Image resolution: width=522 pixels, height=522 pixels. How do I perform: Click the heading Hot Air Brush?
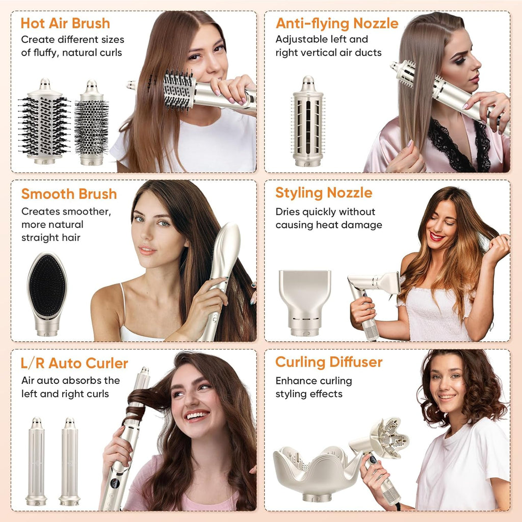pyautogui.click(x=65, y=23)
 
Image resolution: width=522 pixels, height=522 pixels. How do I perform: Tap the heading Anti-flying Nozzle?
pyautogui.click(x=337, y=23)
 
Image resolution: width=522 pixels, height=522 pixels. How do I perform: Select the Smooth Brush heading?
pyautogui.click(x=69, y=194)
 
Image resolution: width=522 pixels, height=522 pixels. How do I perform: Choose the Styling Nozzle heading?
pyautogui.click(x=324, y=193)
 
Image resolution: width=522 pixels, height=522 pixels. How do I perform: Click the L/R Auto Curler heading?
pyautogui.click(x=74, y=363)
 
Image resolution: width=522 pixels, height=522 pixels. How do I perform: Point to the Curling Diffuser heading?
pyautogui.click(x=329, y=362)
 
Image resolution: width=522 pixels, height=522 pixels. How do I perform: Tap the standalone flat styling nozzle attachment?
pyautogui.click(x=305, y=301)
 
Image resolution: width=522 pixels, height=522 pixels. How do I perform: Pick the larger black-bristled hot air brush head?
pyautogui.click(x=44, y=122)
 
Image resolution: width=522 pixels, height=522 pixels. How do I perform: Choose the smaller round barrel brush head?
pyautogui.click(x=91, y=125)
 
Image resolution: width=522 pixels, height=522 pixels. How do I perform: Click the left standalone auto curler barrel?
pyautogui.click(x=36, y=461)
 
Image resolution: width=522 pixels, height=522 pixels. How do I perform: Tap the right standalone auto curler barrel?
pyautogui.click(x=69, y=461)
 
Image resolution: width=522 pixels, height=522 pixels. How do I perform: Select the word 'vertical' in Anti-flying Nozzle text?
pyautogui.click(x=319, y=52)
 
